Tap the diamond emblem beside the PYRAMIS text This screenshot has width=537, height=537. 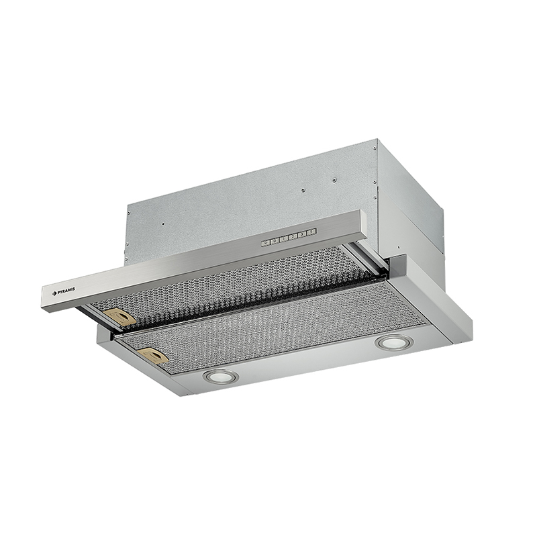click(54, 293)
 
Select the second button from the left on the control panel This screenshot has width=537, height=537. click(275, 241)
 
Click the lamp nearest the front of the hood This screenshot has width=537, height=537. click(221, 377)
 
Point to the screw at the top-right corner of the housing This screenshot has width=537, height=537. click(375, 149)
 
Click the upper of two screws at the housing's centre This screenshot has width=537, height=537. click(333, 179)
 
